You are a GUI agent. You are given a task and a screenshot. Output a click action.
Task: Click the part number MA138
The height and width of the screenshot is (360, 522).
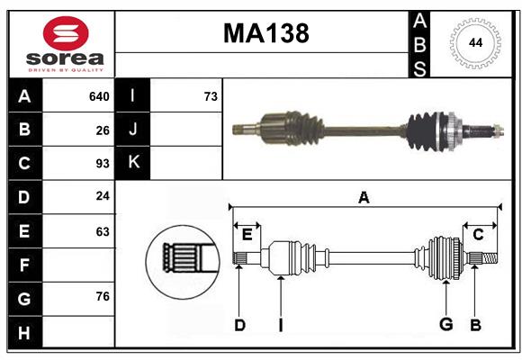tap(265, 33)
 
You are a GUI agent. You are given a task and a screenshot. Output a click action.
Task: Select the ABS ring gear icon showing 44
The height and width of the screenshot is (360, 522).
tap(472, 43)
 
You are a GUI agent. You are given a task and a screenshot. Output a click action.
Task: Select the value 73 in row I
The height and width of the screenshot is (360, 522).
tap(211, 96)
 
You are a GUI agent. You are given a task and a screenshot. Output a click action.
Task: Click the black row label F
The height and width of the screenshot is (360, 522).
tap(24, 265)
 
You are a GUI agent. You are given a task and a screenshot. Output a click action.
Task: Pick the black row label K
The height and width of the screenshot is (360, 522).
tap(133, 163)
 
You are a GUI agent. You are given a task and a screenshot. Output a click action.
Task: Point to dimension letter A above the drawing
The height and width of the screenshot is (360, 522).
tap(364, 198)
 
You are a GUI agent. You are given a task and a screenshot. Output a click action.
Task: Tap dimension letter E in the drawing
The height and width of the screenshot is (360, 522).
tap(247, 234)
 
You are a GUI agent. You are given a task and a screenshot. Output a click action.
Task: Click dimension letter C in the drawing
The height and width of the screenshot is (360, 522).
tap(478, 234)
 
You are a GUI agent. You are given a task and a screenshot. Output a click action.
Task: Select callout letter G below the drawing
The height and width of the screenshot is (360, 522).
tap(445, 325)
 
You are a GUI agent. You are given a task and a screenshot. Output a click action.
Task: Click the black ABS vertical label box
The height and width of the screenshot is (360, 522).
tap(419, 43)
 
